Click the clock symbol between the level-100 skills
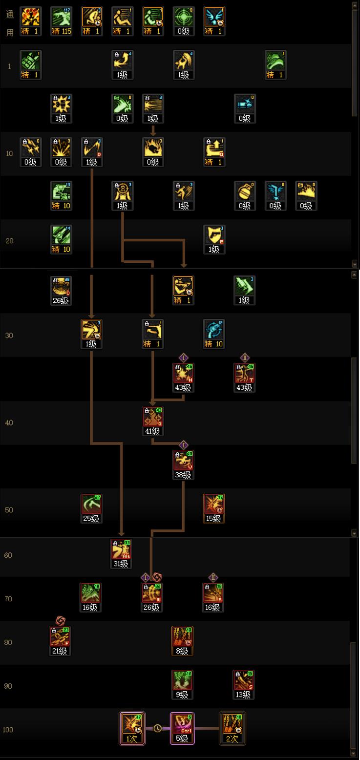click(x=157, y=728)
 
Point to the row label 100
click(x=8, y=730)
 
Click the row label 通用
click(x=9, y=22)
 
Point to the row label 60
click(x=8, y=555)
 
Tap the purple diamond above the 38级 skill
click(x=184, y=445)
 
